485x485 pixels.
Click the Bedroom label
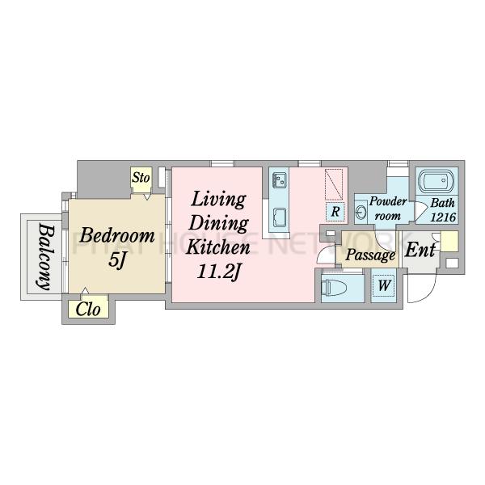click(x=117, y=236)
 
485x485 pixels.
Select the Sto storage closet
click(x=141, y=180)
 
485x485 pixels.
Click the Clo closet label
click(x=88, y=309)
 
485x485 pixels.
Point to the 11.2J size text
click(x=219, y=272)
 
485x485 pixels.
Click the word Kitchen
click(x=217, y=247)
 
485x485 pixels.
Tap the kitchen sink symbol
click(x=279, y=180)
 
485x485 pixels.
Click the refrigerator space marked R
click(x=335, y=212)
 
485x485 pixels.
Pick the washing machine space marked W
click(x=384, y=285)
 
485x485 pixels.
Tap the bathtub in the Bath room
click(x=436, y=180)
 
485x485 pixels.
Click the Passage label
click(x=370, y=255)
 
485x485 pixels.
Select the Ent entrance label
click(x=420, y=249)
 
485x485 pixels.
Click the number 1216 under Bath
click(x=443, y=217)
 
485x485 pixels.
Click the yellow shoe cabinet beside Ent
click(x=449, y=241)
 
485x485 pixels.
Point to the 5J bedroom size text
click(x=117, y=260)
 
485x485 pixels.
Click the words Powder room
click(x=387, y=209)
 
